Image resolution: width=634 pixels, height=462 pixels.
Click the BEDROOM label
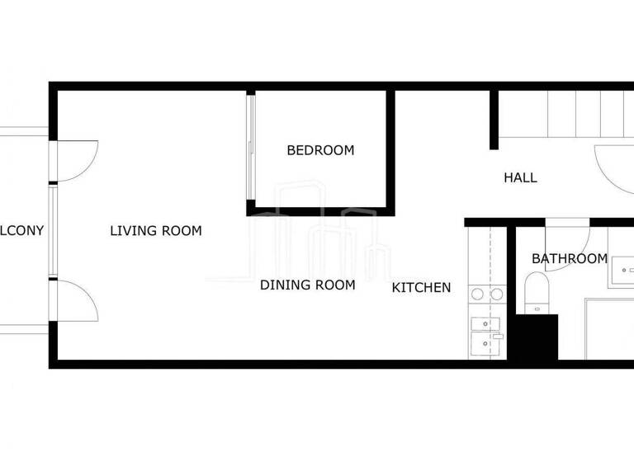pyautogui.click(x=320, y=150)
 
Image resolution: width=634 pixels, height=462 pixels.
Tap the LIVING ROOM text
pyautogui.click(x=156, y=231)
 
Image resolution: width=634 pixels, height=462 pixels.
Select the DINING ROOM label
pyautogui.click(x=307, y=285)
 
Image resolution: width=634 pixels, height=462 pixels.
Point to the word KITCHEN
pyautogui.click(x=421, y=287)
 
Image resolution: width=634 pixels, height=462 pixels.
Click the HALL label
pyautogui.click(x=520, y=177)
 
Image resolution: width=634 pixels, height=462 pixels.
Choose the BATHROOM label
pyautogui.click(x=570, y=259)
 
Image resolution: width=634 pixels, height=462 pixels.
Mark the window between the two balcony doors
pyautogui.click(x=52, y=231)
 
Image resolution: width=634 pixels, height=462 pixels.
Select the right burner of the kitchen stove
pyautogui.click(x=496, y=293)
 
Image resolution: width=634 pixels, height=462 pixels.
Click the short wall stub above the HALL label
pyautogui.click(x=494, y=120)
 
